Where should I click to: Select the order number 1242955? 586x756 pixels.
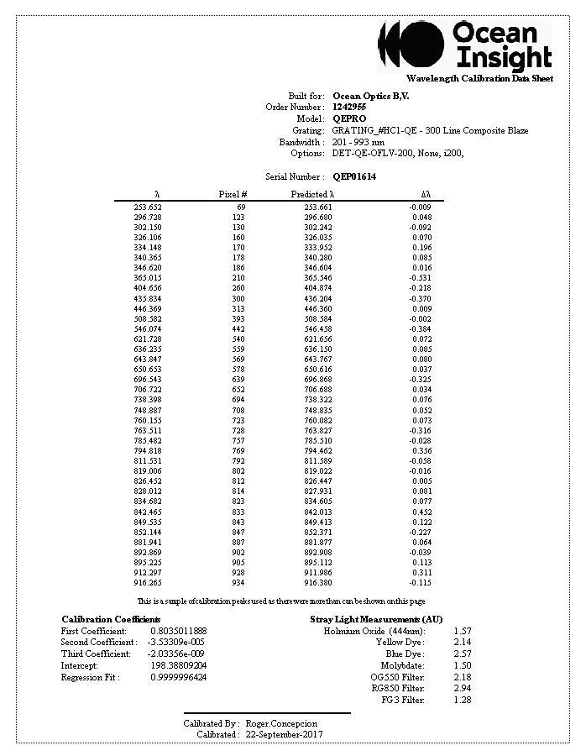point(348,108)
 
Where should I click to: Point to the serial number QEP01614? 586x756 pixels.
point(354,177)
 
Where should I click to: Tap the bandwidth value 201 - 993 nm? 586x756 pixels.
point(358,142)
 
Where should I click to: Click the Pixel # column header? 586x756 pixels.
point(233,195)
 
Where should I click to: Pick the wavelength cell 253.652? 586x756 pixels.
point(148,207)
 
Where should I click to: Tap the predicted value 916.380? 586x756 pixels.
point(318,583)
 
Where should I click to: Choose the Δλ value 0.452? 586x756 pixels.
point(421,512)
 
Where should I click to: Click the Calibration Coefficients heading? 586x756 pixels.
point(111,619)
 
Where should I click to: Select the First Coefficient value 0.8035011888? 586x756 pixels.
point(178,631)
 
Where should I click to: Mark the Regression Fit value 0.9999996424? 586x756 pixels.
point(178,677)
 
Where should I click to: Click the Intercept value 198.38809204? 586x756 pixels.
point(178,665)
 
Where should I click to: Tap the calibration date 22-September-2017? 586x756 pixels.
point(284,734)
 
